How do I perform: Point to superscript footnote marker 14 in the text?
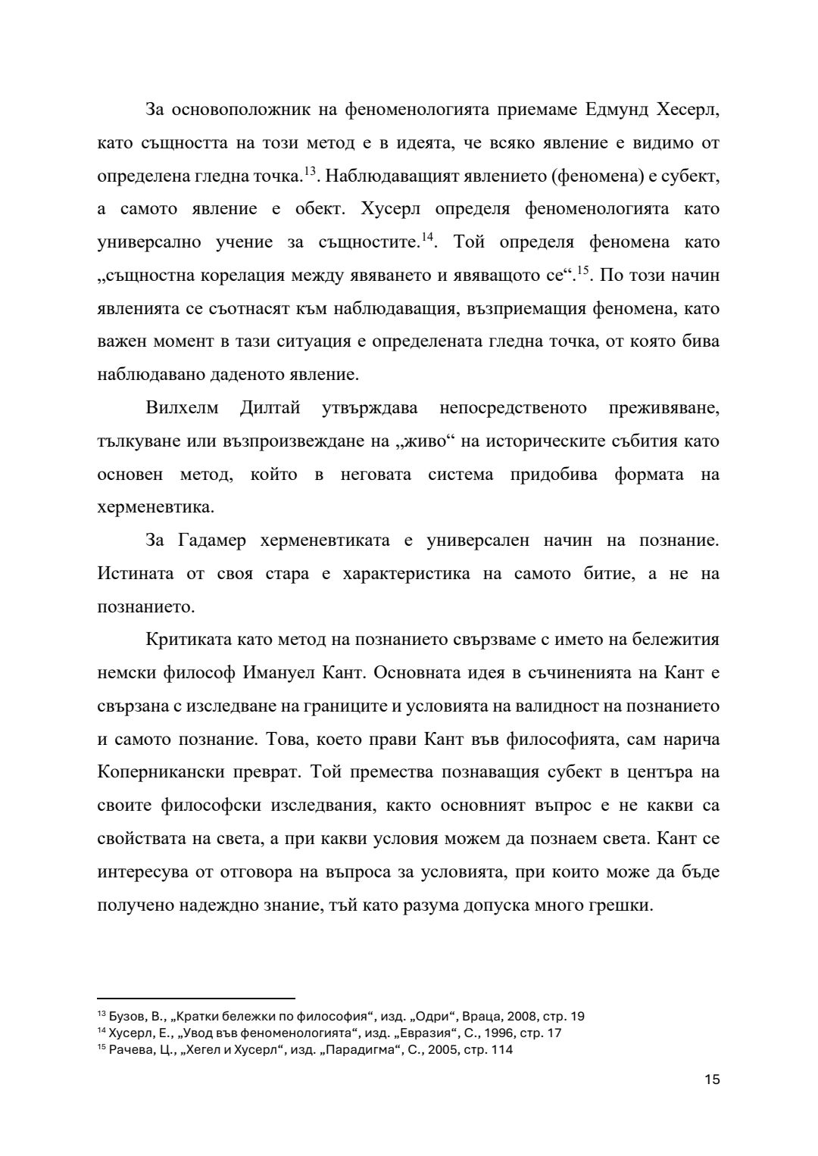coord(426,237)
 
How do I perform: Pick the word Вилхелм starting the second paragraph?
coord(182,408)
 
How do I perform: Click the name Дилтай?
coord(270,408)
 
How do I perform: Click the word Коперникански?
coord(156,772)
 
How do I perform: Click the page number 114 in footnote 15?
coord(498,1050)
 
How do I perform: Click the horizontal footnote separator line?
coord(196,999)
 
